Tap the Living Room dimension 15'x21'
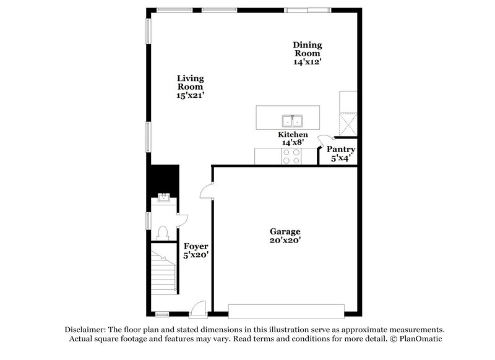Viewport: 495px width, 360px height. click(191, 95)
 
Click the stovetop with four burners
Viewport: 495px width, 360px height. click(291, 156)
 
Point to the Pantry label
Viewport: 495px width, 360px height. click(340, 149)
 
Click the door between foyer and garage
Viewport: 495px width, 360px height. click(207, 191)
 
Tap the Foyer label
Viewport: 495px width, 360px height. click(196, 246)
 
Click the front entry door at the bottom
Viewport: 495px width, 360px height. click(197, 307)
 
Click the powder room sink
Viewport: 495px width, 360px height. click(165, 198)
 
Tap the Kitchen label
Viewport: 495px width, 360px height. click(293, 134)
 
